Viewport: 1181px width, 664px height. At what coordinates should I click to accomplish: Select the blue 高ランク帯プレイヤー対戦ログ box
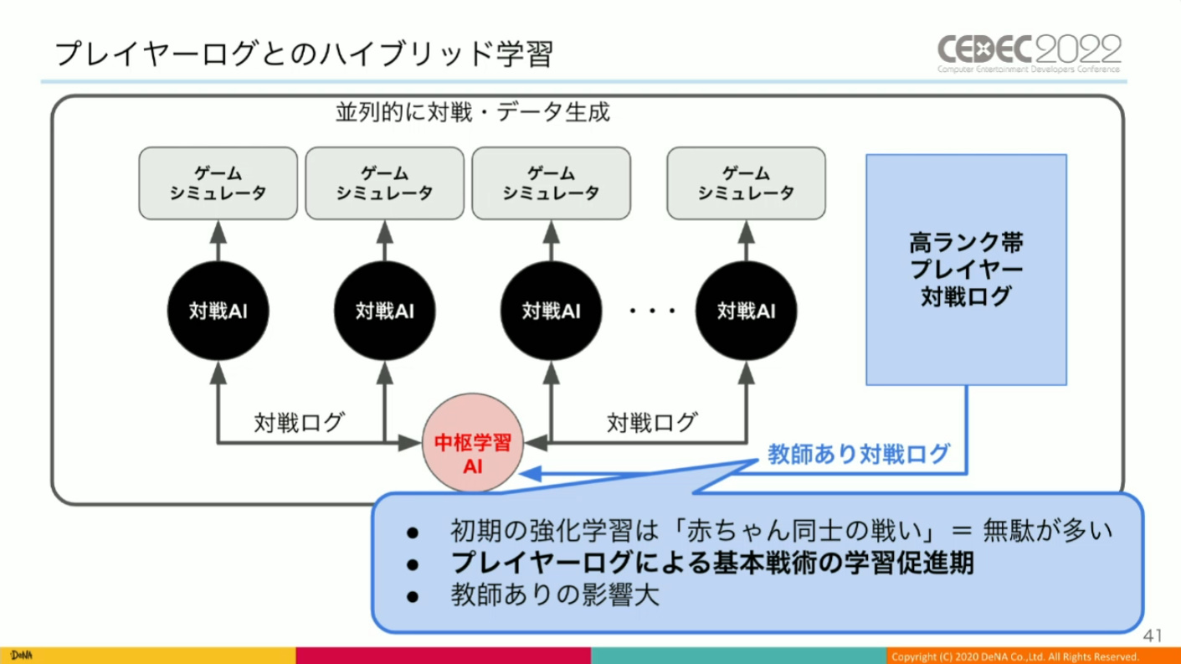[x=966, y=269]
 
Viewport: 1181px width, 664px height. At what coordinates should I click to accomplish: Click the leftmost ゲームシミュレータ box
[x=218, y=182]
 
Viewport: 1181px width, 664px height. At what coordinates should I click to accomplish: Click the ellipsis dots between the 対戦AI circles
[x=653, y=311]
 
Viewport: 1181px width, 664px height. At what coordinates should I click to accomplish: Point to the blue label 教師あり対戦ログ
[x=859, y=455]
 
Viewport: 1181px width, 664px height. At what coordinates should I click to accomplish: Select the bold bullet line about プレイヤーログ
[x=711, y=564]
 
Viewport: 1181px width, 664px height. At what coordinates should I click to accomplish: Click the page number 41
[x=1153, y=636]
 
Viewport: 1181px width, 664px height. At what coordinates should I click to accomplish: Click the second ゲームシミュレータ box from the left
[x=384, y=182]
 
